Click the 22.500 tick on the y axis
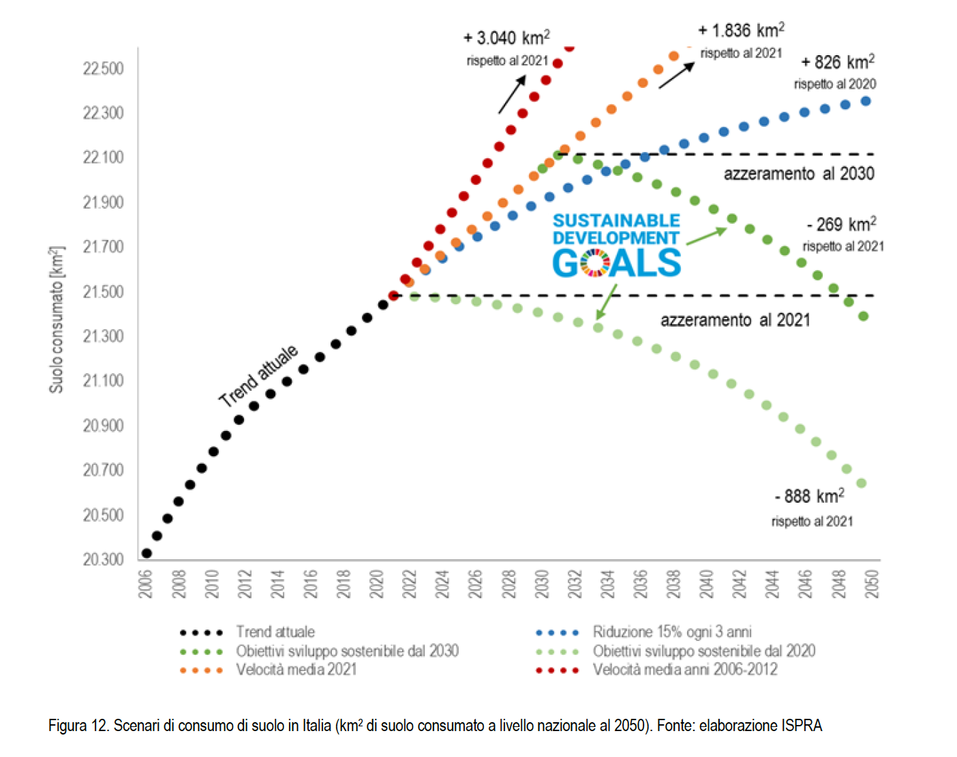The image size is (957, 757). [104, 69]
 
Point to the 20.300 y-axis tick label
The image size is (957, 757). [104, 560]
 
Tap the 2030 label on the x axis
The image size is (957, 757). [542, 584]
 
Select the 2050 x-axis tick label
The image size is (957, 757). [872, 584]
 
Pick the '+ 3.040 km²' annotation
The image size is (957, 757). [506, 38]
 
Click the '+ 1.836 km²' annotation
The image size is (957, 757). [741, 31]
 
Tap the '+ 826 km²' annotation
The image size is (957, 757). [838, 63]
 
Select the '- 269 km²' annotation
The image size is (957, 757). [841, 224]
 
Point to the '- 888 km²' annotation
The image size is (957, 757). [809, 496]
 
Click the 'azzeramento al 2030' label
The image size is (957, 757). [799, 174]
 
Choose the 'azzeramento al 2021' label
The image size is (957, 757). [735, 321]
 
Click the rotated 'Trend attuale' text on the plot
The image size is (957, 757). [258, 376]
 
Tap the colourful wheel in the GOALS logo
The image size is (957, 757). [595, 263]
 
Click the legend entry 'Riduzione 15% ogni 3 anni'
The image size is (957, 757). [671, 632]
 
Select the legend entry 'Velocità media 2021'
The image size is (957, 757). [296, 670]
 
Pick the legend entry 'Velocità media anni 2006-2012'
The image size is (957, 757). [684, 670]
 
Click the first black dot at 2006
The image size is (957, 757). [147, 553]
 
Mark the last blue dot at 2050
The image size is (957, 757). [866, 101]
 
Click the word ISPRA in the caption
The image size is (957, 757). [802, 726]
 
